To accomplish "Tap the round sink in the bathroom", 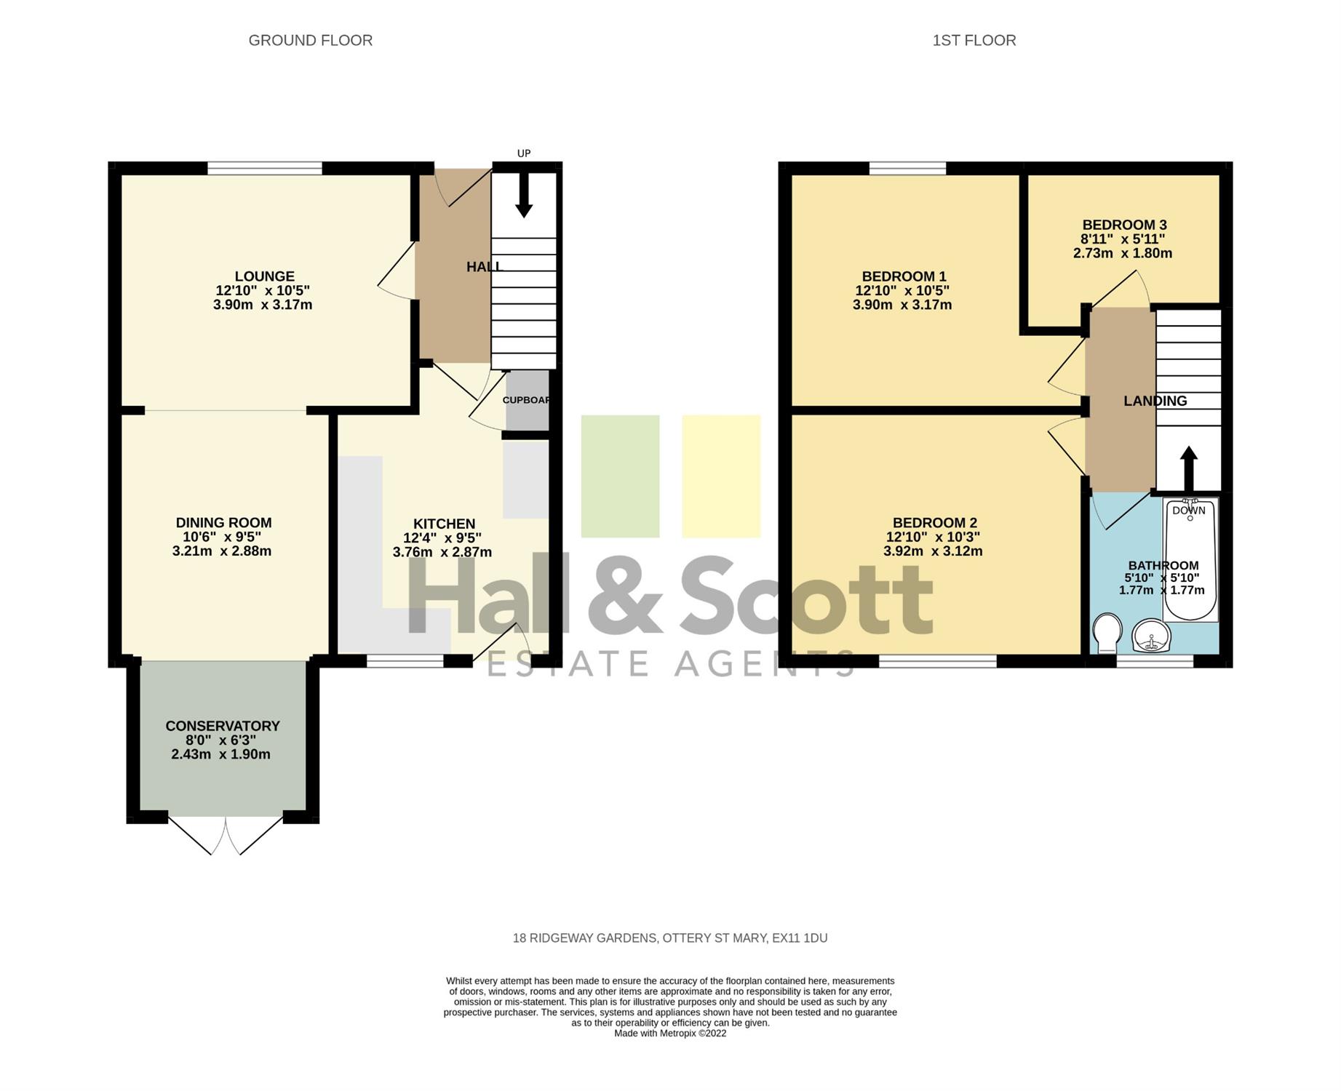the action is click(x=1151, y=636).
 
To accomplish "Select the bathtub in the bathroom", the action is click(x=1190, y=559).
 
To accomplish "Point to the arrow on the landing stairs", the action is click(x=1189, y=469).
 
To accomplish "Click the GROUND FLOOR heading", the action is click(x=311, y=41).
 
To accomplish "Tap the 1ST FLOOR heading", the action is click(x=974, y=41).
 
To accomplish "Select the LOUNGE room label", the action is click(x=264, y=276).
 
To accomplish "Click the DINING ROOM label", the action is click(x=223, y=523).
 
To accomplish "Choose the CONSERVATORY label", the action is click(x=223, y=726).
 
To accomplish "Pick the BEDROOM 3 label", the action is click(x=1124, y=225).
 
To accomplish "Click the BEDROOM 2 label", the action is click(x=935, y=523).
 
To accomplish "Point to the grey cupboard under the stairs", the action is click(x=528, y=400).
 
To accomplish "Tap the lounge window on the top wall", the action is click(x=265, y=168).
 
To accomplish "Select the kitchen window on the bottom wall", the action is click(x=405, y=661).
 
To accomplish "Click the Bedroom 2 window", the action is click(x=938, y=661).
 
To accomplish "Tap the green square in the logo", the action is click(x=620, y=476).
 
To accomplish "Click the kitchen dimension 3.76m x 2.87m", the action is click(x=442, y=552).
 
